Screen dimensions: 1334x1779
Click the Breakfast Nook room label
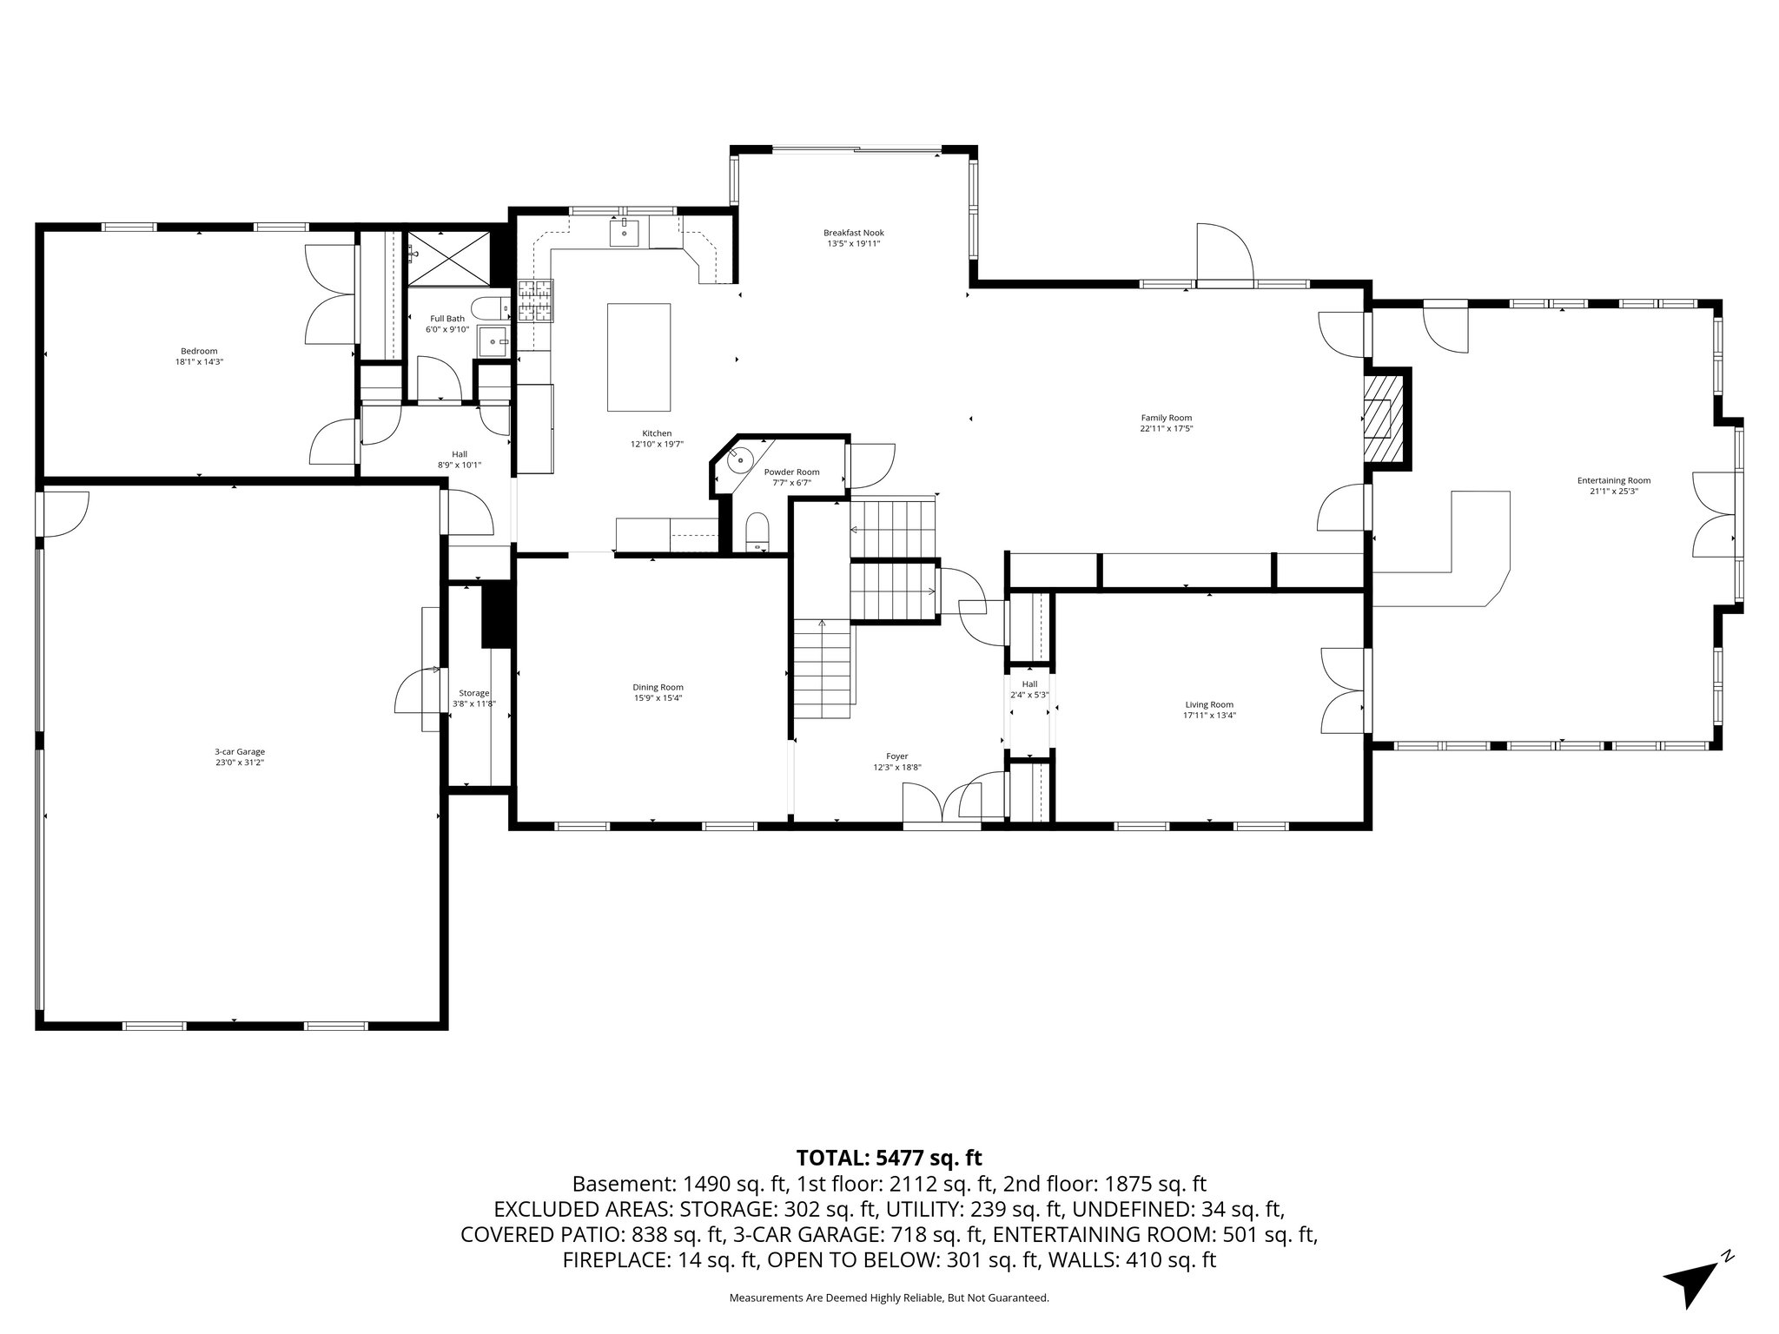click(x=853, y=233)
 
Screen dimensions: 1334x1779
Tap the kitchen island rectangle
click(x=638, y=357)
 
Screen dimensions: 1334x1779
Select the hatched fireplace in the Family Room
click(x=1382, y=416)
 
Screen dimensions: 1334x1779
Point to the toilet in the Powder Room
click(x=757, y=531)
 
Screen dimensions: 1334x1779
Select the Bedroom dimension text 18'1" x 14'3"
click(x=193, y=361)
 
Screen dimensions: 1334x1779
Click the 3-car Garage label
click(x=240, y=751)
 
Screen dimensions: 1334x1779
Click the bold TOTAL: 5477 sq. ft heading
click(x=889, y=1158)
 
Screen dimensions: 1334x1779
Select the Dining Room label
click(x=658, y=687)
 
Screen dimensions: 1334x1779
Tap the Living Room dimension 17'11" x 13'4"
click(x=1208, y=716)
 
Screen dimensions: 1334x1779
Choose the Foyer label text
click(x=896, y=756)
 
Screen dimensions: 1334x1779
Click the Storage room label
click(x=474, y=693)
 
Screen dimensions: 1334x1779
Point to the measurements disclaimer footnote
click(x=889, y=1298)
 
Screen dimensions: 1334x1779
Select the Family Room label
click(x=1166, y=418)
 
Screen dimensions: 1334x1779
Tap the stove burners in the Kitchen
click(x=536, y=300)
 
